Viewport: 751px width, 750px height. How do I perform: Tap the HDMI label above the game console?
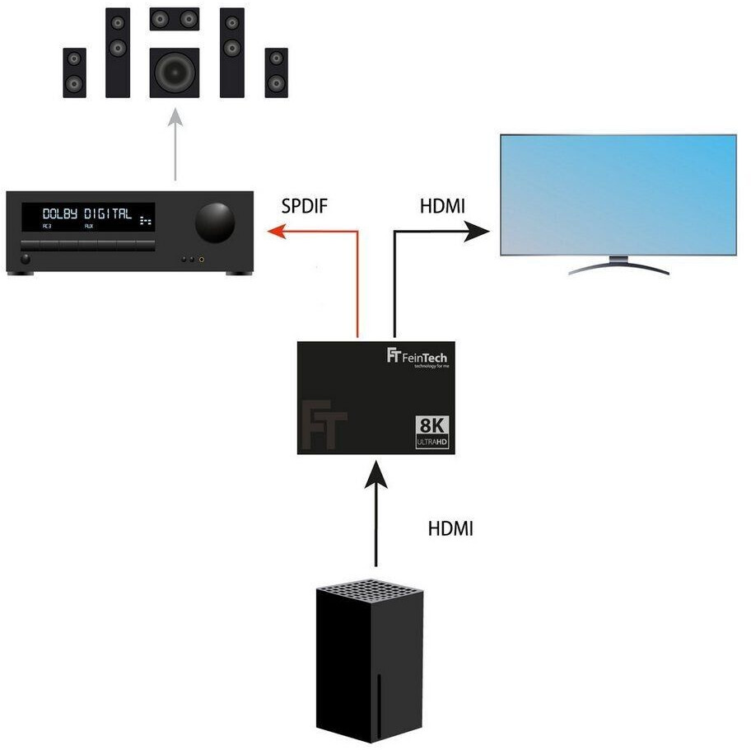pos(450,528)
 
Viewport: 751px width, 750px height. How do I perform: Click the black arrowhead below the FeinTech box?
pos(375,474)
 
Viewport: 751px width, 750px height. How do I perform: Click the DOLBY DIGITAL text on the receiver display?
pos(87,213)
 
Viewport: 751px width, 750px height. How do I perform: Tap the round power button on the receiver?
pos(25,259)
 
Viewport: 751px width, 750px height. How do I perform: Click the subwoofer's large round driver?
pos(175,73)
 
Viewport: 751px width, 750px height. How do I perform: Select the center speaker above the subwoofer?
pos(175,17)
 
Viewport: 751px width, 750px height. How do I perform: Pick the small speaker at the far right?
pos(277,72)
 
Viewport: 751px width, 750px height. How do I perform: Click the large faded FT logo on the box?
pos(324,424)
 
